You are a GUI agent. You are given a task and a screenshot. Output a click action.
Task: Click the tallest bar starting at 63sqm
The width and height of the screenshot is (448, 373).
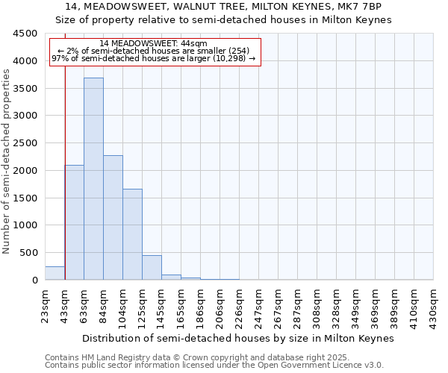[93, 179]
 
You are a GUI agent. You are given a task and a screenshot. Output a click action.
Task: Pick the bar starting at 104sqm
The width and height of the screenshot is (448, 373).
[132, 234]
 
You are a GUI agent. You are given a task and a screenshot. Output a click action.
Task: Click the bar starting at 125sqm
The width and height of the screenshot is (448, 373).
[152, 268]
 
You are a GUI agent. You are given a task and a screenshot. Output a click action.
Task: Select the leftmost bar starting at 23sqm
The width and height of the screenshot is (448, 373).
[55, 273]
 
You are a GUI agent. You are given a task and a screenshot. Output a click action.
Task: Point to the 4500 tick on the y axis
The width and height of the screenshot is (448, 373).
[25, 34]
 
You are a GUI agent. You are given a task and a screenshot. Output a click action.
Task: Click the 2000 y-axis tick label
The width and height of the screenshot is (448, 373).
[25, 171]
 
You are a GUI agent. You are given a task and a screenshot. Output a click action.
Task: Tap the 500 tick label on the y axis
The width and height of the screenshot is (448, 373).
[28, 253]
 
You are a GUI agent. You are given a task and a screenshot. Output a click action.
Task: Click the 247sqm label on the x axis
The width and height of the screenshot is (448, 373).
[258, 304]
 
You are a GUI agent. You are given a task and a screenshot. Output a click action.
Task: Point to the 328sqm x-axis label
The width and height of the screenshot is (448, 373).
[336, 304]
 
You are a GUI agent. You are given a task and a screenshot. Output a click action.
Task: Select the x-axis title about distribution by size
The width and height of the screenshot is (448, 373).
[237, 338]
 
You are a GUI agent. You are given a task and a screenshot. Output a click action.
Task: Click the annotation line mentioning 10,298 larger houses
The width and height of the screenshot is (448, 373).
[154, 58]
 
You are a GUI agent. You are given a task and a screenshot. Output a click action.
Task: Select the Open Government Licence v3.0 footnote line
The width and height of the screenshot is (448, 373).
[214, 366]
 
